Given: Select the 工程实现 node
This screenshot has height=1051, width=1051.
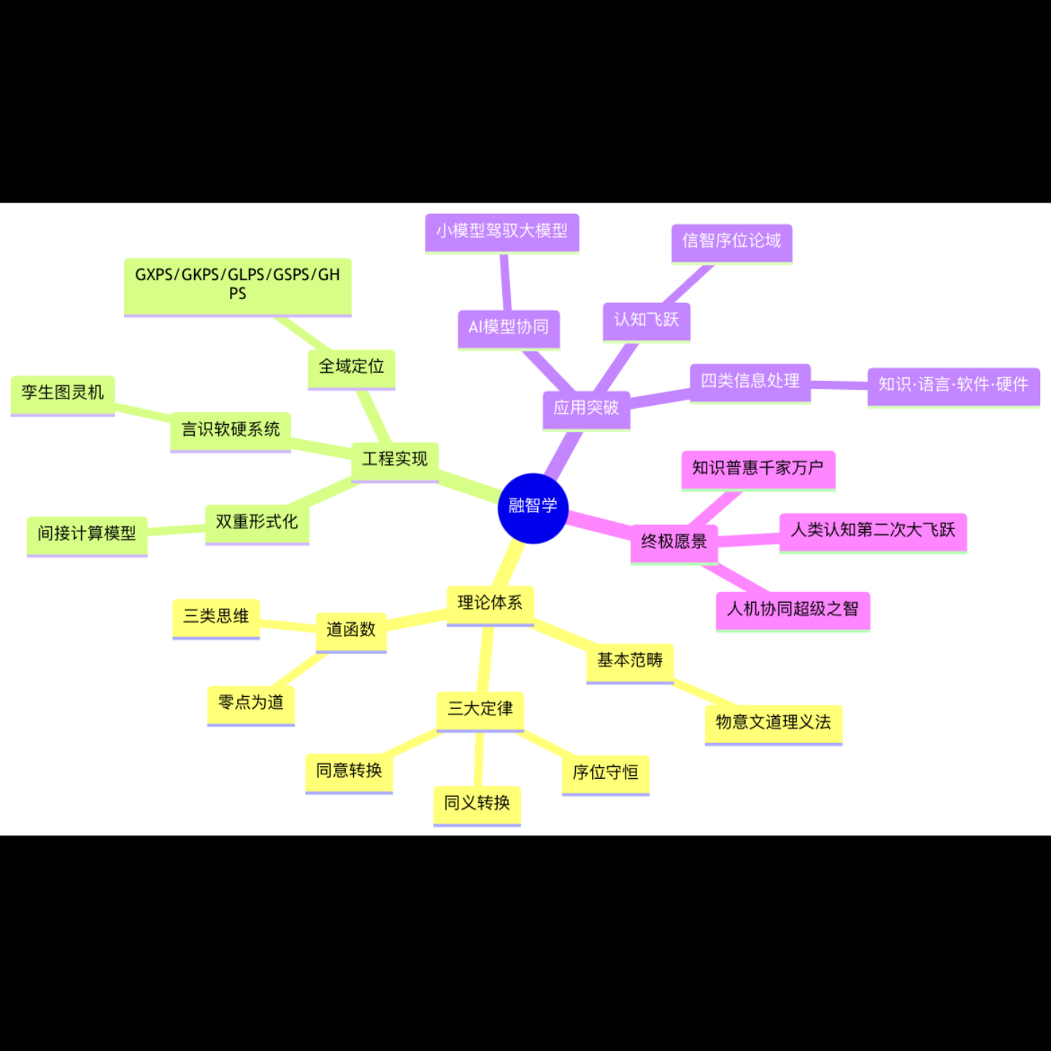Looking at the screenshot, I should (x=395, y=460).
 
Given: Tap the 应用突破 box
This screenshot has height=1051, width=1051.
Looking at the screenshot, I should (x=586, y=409).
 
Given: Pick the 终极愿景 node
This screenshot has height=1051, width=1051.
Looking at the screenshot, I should (x=674, y=542).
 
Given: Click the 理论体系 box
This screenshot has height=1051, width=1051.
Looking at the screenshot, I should (x=490, y=604).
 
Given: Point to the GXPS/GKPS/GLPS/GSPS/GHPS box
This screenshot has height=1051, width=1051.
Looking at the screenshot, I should (x=237, y=285).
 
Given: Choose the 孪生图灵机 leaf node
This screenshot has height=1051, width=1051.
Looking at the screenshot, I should (x=63, y=393).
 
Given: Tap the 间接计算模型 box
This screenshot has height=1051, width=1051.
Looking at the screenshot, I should (x=87, y=534).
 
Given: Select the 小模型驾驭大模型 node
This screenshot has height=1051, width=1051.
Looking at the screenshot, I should (x=502, y=231).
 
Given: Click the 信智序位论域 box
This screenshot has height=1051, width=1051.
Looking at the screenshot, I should (x=731, y=242).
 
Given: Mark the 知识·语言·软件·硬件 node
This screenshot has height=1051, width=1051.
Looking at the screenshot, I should (x=953, y=385).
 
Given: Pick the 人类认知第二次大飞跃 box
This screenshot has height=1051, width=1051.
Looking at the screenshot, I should (x=873, y=531).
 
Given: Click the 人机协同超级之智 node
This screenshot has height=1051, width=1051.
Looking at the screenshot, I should (x=793, y=609).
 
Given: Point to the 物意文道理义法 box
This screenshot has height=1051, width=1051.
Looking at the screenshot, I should (x=773, y=723).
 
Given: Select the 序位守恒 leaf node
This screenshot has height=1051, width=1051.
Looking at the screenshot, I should (x=605, y=773).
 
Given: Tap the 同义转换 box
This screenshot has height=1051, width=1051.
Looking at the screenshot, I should (x=477, y=804).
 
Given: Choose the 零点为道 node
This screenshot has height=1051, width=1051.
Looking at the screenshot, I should (x=251, y=704).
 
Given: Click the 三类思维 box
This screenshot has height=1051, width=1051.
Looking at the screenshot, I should (x=216, y=617).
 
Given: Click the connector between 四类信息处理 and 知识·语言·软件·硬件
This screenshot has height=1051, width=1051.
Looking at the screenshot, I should (x=839, y=384).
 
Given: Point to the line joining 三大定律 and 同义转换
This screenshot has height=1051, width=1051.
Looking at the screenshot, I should (x=479, y=759).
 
